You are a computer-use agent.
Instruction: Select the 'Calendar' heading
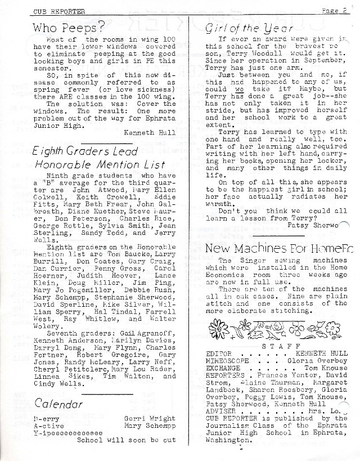(58, 404)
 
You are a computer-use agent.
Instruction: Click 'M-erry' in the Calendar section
(44, 419)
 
